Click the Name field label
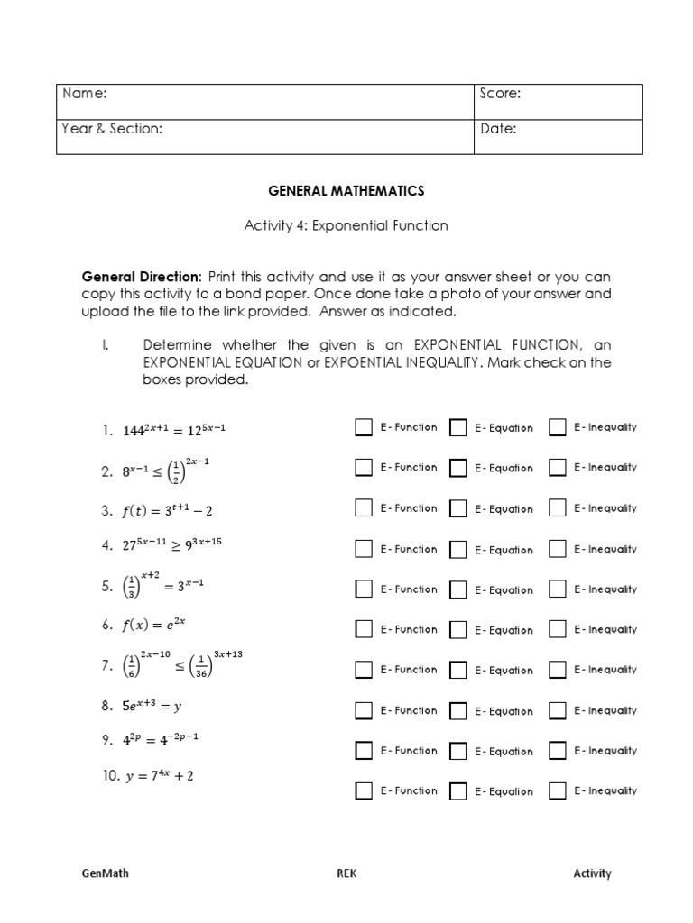point(85,94)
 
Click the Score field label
point(501,94)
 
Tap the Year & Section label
point(112,129)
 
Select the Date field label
point(498,129)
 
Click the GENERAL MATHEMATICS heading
point(346,191)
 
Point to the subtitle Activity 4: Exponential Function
point(346,225)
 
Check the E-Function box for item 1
point(364,427)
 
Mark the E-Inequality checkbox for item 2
point(558,468)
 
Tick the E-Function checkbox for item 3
point(364,508)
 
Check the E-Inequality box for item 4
point(558,549)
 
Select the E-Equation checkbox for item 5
point(458,589)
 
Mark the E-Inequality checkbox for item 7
point(558,670)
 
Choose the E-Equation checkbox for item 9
point(458,751)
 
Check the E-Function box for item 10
point(364,791)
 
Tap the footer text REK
point(346,873)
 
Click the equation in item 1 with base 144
point(174,430)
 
